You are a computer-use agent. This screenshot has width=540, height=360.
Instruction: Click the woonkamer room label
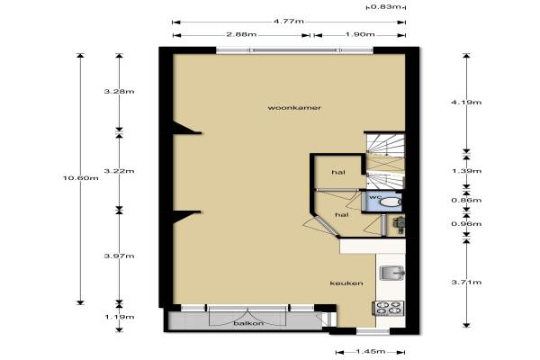click(294, 108)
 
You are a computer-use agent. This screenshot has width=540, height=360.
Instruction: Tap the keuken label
click(346, 283)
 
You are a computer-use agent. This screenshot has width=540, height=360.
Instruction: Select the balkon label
click(248, 323)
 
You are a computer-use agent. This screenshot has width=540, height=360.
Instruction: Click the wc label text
click(375, 197)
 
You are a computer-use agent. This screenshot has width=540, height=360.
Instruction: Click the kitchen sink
click(391, 273)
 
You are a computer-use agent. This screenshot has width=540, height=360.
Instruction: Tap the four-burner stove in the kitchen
click(388, 309)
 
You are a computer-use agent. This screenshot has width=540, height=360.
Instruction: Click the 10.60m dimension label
click(81, 178)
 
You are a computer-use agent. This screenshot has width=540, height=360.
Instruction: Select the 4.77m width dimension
click(289, 22)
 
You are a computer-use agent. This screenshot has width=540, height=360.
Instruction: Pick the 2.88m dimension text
click(241, 34)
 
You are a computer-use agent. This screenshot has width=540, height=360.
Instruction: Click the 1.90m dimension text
click(359, 34)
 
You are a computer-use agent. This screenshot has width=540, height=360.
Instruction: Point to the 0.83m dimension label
click(386, 6)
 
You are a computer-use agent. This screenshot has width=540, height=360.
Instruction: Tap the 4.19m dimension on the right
click(466, 103)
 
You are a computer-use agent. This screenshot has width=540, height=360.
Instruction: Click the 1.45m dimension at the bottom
click(370, 352)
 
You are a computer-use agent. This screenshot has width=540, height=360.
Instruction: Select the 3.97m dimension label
click(119, 256)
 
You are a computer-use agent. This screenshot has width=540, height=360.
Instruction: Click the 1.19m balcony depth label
click(119, 317)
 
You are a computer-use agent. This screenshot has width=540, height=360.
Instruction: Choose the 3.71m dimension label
click(466, 283)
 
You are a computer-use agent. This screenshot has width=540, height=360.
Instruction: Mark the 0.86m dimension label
click(466, 200)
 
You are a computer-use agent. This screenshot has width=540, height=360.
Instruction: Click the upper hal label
click(338, 172)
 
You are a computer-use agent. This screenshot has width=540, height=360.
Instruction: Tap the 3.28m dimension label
click(119, 92)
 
